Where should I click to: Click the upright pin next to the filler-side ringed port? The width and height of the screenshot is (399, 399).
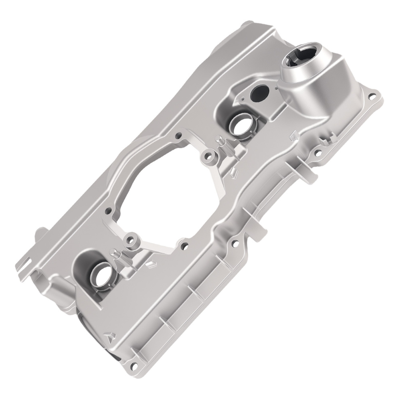coord(219,141)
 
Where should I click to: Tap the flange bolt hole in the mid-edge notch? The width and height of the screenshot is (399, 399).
coord(235,241)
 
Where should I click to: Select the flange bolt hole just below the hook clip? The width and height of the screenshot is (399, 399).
coord(318,152)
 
